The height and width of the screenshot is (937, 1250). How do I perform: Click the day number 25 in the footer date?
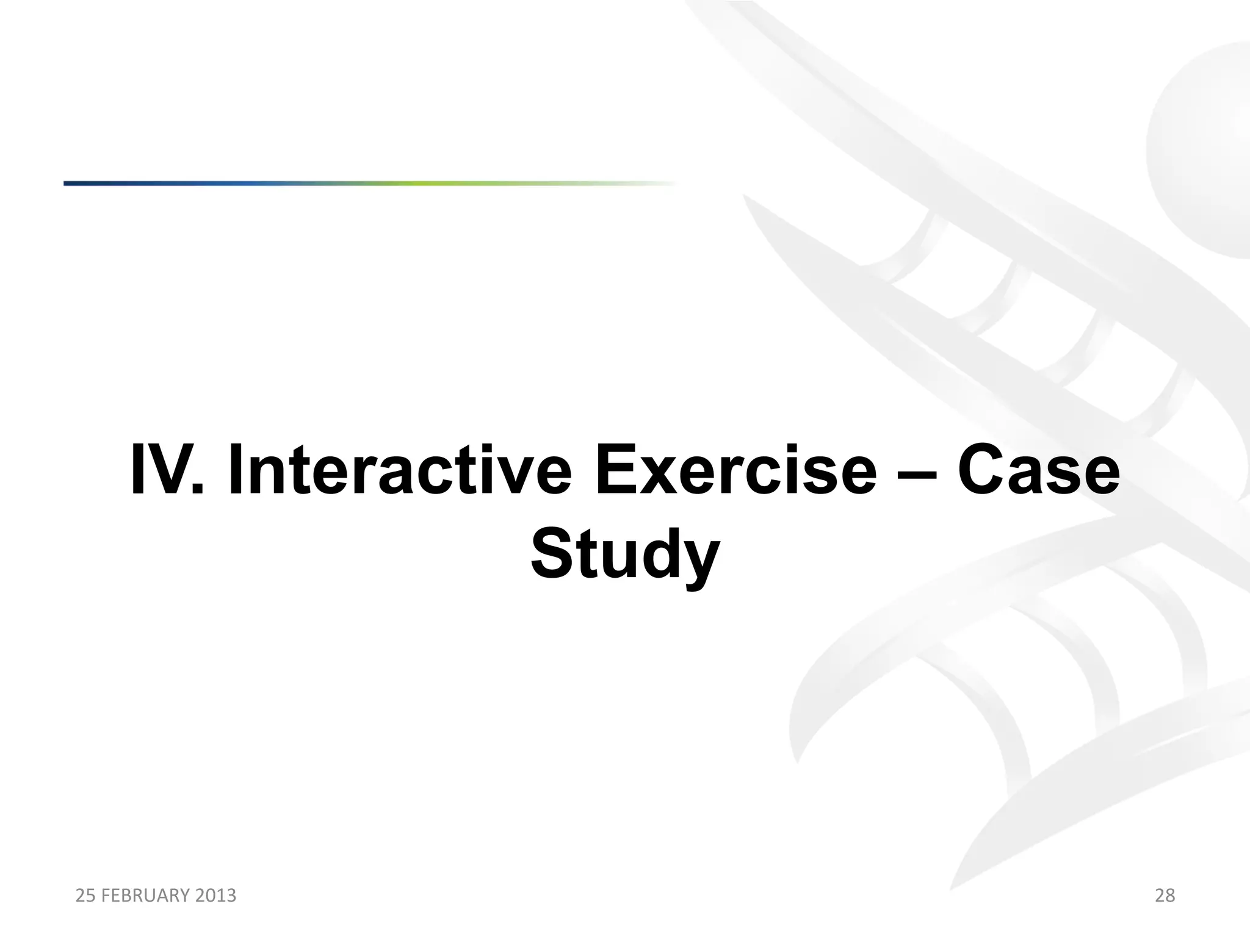point(83,896)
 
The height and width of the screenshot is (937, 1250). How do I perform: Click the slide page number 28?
point(1165,896)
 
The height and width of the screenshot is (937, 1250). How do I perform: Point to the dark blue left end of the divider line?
point(79,183)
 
